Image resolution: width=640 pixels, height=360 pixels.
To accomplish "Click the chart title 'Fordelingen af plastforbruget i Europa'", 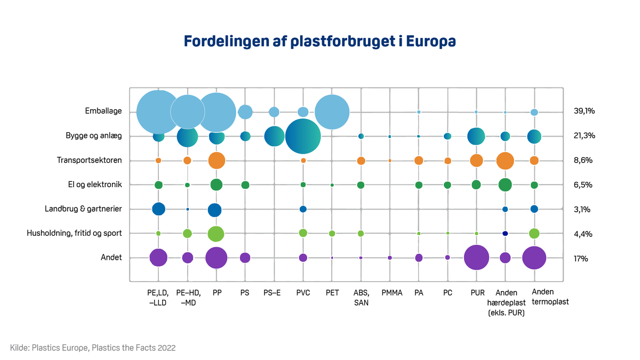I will click(x=320, y=42).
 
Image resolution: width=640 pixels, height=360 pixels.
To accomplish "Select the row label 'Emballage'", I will click(x=103, y=111).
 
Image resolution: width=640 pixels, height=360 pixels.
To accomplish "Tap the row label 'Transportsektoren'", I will click(x=90, y=160).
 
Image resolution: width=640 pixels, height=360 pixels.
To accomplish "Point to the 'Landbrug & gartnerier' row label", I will click(x=83, y=209).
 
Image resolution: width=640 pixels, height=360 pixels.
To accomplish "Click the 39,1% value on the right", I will click(x=584, y=111).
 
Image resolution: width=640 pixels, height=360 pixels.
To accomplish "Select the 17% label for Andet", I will click(x=581, y=258).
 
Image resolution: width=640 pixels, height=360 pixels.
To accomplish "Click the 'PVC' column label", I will click(x=303, y=293).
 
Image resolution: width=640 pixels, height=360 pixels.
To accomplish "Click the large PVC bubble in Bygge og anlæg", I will click(x=303, y=137).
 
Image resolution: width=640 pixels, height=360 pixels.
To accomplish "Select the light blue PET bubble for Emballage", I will click(x=332, y=112).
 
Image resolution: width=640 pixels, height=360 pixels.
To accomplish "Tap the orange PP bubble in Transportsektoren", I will click(x=216, y=161).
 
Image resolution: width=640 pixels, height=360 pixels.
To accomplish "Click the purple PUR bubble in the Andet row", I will click(x=477, y=258).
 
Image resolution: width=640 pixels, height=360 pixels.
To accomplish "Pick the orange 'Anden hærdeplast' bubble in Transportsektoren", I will click(x=505, y=161).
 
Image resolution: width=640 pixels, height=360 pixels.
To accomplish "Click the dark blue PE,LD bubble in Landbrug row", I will click(x=158, y=209).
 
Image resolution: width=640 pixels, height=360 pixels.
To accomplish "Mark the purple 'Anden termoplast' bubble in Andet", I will click(x=534, y=258).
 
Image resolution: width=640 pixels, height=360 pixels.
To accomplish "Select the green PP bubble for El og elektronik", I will click(x=216, y=185).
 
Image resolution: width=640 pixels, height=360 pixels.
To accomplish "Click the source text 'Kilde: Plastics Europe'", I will click(x=93, y=348).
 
